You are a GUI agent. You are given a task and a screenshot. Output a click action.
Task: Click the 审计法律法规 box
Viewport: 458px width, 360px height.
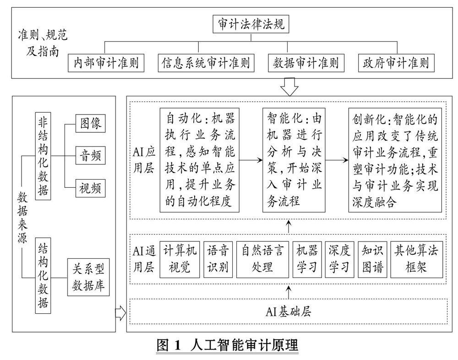pos(251,24)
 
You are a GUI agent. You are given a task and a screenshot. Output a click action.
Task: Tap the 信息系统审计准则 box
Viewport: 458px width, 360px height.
pos(206,63)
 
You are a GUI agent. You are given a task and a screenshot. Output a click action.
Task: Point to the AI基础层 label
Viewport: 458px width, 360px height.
pos(289,312)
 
